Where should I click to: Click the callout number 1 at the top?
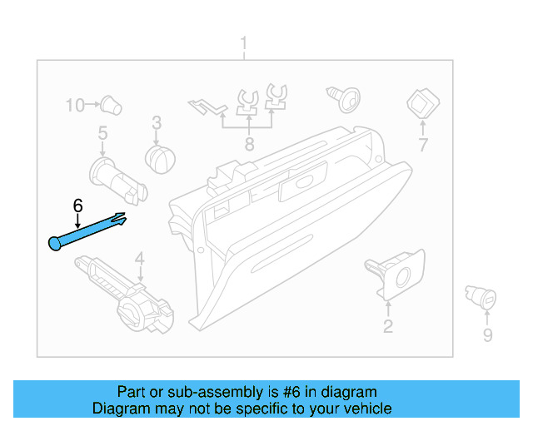tap(243, 42)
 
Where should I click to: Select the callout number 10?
tap(76, 106)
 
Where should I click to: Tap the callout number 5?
tap(102, 132)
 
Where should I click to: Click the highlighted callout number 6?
tap(77, 205)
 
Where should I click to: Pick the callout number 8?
tap(248, 145)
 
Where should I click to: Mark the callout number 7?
tap(422, 145)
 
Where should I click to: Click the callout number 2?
tap(387, 326)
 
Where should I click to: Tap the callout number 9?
tap(487, 335)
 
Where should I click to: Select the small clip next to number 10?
tap(110, 105)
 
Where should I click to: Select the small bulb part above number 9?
tap(481, 298)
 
